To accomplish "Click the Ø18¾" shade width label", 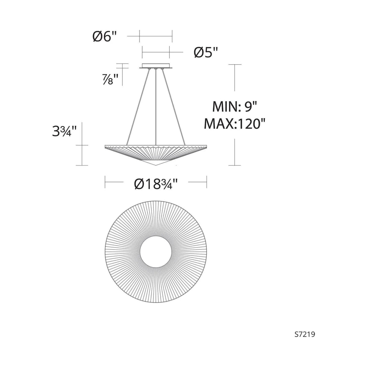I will pos(156,184).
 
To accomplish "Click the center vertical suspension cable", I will pos(156,107).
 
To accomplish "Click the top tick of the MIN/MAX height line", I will pos(235,65).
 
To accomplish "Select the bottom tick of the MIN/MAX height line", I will pos(235,165).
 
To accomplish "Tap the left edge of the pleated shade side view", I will pos(106,146).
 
